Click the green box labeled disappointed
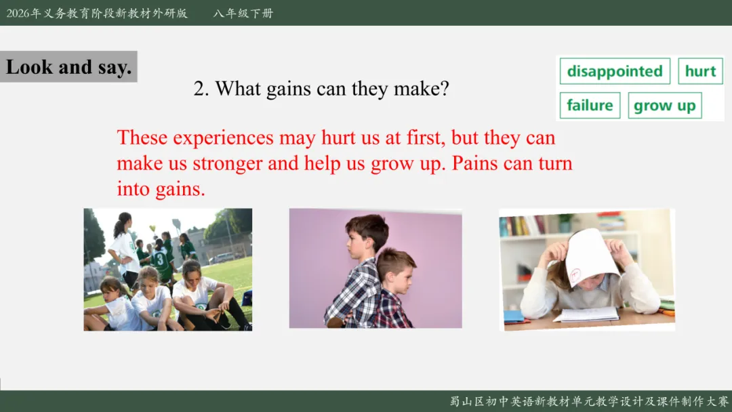(x=615, y=71)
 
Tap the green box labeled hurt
(x=700, y=71)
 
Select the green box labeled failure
(x=590, y=106)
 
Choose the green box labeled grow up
(x=665, y=106)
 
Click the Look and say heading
(x=68, y=66)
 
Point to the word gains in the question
(x=288, y=89)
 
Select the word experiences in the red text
(x=223, y=138)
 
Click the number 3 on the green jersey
(x=160, y=259)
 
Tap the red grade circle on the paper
(x=575, y=274)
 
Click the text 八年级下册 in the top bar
(x=243, y=13)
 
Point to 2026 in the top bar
(x=18, y=13)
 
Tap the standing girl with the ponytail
(x=125, y=248)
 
